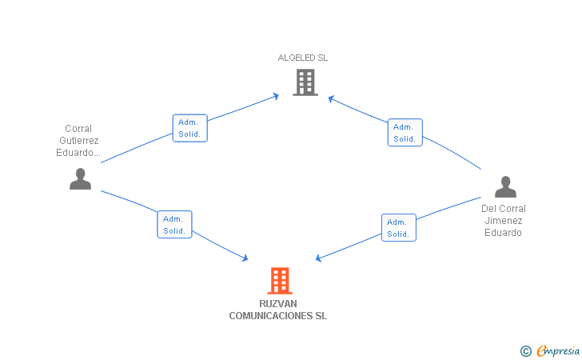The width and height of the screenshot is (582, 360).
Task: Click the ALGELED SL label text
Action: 302,58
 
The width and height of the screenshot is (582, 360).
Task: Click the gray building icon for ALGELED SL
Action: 305,82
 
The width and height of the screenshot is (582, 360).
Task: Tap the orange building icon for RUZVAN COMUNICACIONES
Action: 279,281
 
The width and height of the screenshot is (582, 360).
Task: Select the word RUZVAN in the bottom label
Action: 278,304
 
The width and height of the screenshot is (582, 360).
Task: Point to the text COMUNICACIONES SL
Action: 278,316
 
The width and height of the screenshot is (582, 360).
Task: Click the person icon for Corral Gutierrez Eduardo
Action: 80,179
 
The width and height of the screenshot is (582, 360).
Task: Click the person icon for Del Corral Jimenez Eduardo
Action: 505,187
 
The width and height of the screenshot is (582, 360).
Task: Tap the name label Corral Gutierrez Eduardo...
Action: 78,141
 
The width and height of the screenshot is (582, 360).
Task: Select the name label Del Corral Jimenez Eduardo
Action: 504,221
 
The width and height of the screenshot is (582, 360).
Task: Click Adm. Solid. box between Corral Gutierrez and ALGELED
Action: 190,128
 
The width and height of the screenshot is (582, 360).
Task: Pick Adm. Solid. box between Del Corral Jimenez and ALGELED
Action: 405,133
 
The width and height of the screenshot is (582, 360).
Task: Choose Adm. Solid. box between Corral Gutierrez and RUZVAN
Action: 174,225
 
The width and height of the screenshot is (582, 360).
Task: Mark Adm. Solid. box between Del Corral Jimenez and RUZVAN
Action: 398,228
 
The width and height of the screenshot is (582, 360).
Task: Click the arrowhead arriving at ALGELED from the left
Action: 276,96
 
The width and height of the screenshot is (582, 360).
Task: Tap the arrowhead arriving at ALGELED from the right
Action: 331,98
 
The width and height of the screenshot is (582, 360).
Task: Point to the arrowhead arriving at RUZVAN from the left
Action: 245,258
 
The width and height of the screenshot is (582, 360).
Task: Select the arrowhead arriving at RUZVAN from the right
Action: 319,258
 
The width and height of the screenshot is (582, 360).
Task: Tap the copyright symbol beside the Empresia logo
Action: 525,350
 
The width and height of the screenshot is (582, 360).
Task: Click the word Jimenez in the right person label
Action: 504,221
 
